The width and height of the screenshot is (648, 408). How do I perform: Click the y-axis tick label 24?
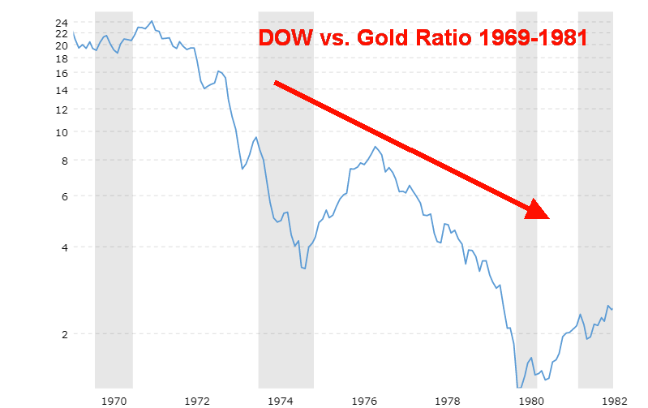click(x=61, y=23)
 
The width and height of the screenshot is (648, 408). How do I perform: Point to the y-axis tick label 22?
click(x=61, y=33)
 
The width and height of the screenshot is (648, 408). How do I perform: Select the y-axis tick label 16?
click(x=61, y=73)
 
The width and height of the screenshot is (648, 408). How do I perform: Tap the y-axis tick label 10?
click(x=61, y=131)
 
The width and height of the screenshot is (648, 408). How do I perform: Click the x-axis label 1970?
click(x=114, y=400)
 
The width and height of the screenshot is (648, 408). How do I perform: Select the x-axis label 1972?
click(x=198, y=400)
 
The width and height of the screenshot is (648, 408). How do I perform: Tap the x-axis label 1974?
click(x=281, y=400)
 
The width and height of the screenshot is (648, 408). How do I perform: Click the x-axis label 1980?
click(x=531, y=400)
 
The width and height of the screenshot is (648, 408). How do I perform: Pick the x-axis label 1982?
click(x=612, y=400)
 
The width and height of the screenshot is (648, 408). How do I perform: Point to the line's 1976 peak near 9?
click(x=375, y=147)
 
